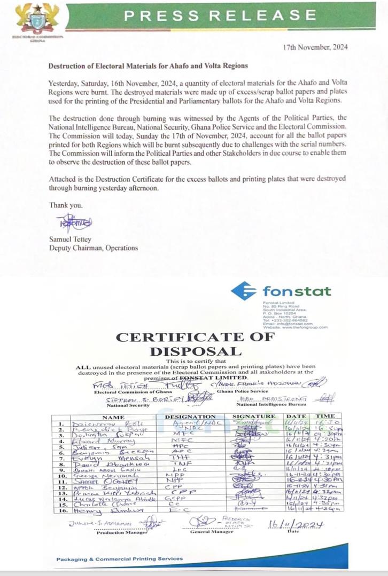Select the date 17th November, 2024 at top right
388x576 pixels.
(316, 47)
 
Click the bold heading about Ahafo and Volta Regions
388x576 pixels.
(149, 66)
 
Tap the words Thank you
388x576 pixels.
(63, 205)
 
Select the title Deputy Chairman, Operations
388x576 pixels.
(93, 248)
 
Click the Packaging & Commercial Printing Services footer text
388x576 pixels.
(120, 559)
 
